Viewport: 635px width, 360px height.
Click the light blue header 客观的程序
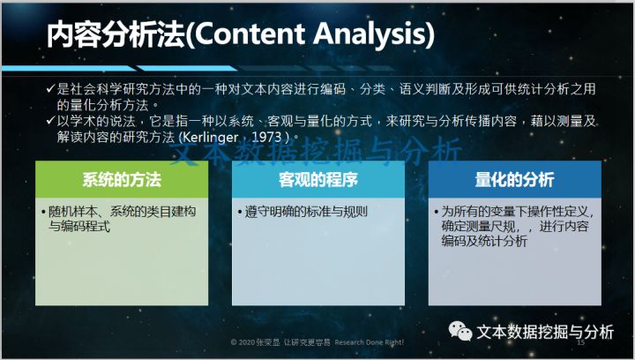318,180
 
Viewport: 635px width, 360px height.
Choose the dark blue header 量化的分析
515,180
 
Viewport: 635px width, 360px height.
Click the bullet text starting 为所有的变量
517,226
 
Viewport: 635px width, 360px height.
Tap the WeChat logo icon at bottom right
459,331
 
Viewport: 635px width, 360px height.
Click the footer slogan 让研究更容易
310,341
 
